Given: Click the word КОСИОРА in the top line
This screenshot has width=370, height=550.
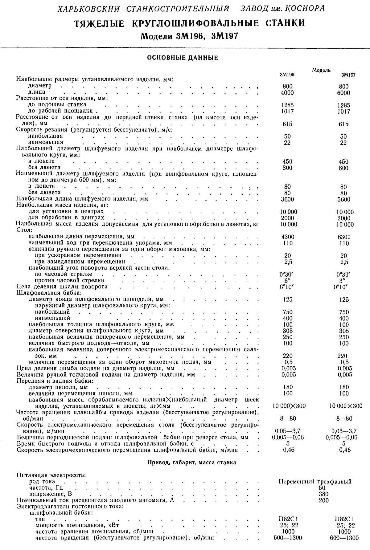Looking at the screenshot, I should click(304, 8).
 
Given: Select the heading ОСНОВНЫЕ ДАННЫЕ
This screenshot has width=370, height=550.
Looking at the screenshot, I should click(183, 58).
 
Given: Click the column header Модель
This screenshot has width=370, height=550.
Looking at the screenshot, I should click(321, 70).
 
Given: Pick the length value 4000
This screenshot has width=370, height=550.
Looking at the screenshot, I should click(287, 93).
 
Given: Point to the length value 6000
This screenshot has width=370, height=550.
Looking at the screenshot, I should click(343, 93).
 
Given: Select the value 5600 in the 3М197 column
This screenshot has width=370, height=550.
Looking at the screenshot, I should click(343, 199).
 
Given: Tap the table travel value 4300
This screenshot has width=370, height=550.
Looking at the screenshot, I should click(288, 237).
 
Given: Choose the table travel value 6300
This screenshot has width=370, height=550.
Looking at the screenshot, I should click(343, 237).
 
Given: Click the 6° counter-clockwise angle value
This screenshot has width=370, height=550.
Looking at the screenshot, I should click(287, 280).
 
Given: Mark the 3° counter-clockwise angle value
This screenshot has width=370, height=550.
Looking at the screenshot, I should click(343, 281).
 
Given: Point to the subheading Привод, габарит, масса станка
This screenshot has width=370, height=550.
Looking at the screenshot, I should click(192, 462).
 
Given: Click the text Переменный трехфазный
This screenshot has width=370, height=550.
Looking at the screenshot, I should click(315, 481).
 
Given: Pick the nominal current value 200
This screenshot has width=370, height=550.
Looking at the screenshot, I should click(324, 500).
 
